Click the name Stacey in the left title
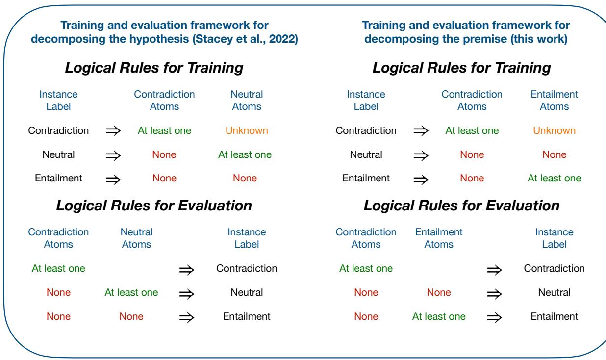tap(213, 39)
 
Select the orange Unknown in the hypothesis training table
tap(247, 130)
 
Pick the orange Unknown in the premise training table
tap(555, 130)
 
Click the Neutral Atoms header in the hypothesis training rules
tap(247, 100)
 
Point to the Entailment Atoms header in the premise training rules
tap(555, 100)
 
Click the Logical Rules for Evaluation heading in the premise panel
tap(461, 206)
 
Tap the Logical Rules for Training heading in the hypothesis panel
tap(154, 68)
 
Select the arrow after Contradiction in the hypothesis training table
tap(113, 131)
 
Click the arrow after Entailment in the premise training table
tap(421, 180)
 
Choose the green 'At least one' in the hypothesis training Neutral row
tap(245, 154)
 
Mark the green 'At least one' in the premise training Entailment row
tap(555, 178)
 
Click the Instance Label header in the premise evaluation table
tap(555, 238)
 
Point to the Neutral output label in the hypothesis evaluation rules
tap(247, 292)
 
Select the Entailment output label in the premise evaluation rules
tap(555, 316)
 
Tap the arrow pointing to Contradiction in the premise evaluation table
tap(494, 270)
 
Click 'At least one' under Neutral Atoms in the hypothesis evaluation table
tap(131, 292)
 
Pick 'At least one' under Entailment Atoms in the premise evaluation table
tap(439, 316)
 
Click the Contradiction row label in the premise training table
tap(366, 130)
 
